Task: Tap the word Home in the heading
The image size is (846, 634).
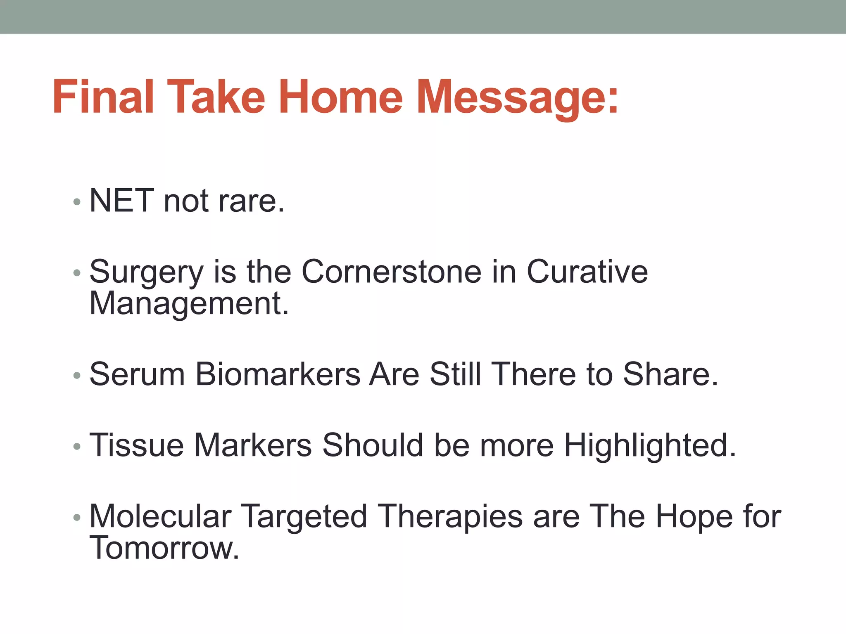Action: (340, 97)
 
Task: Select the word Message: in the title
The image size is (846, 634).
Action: (517, 99)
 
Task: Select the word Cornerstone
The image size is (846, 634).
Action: (392, 272)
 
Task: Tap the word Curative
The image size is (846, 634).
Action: (587, 272)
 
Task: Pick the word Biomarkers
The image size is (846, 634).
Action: (278, 374)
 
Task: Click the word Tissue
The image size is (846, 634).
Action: (137, 445)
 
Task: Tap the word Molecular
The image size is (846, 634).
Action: (160, 516)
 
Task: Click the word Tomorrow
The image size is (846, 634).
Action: (164, 548)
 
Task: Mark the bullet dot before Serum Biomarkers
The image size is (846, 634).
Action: (76, 376)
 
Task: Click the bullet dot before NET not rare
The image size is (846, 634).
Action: (76, 202)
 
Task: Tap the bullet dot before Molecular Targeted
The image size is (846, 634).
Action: (76, 518)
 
